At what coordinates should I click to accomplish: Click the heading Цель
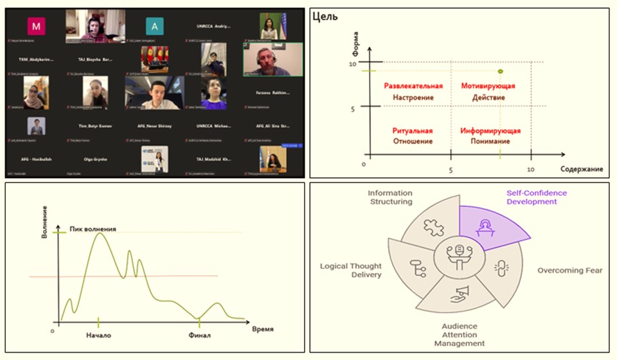(x=325, y=17)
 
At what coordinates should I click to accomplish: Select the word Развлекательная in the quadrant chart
(x=414, y=85)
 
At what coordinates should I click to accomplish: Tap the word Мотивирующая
(x=488, y=85)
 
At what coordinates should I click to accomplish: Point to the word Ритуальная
(x=413, y=130)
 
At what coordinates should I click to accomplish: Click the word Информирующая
(x=490, y=130)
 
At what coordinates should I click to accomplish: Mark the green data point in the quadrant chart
(x=501, y=71)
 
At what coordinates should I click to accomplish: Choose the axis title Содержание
(x=581, y=169)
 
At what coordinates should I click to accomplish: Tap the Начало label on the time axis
(x=99, y=335)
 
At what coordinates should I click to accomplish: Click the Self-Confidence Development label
(x=537, y=197)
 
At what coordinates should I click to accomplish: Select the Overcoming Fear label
(x=569, y=270)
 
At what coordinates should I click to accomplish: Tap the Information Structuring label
(x=389, y=197)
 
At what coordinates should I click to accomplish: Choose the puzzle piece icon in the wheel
(x=433, y=227)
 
